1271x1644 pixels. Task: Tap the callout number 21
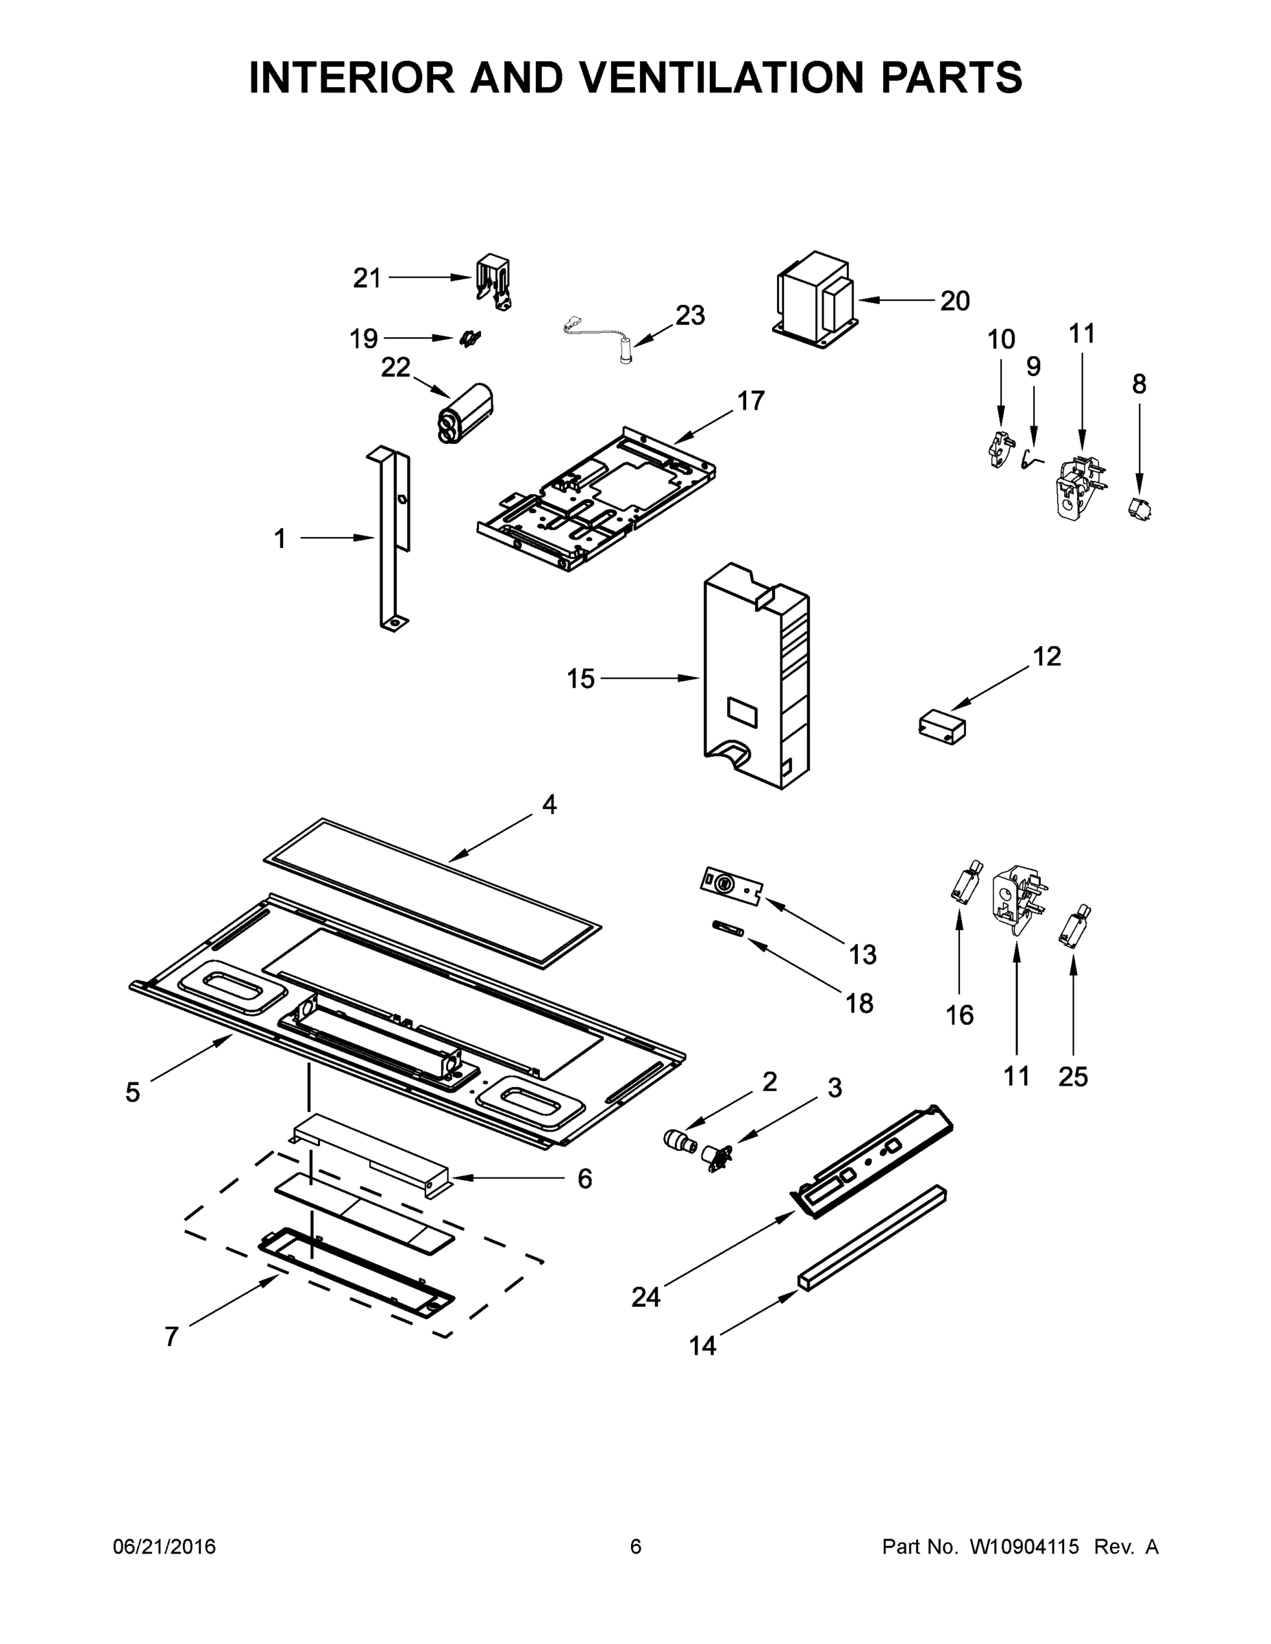pos(367,279)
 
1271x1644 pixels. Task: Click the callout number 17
pos(750,401)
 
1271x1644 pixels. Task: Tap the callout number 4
pos(549,805)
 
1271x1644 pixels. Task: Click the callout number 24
pos(645,1297)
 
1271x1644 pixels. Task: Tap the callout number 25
pos(1072,1078)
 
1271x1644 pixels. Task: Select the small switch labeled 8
pos(1140,510)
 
